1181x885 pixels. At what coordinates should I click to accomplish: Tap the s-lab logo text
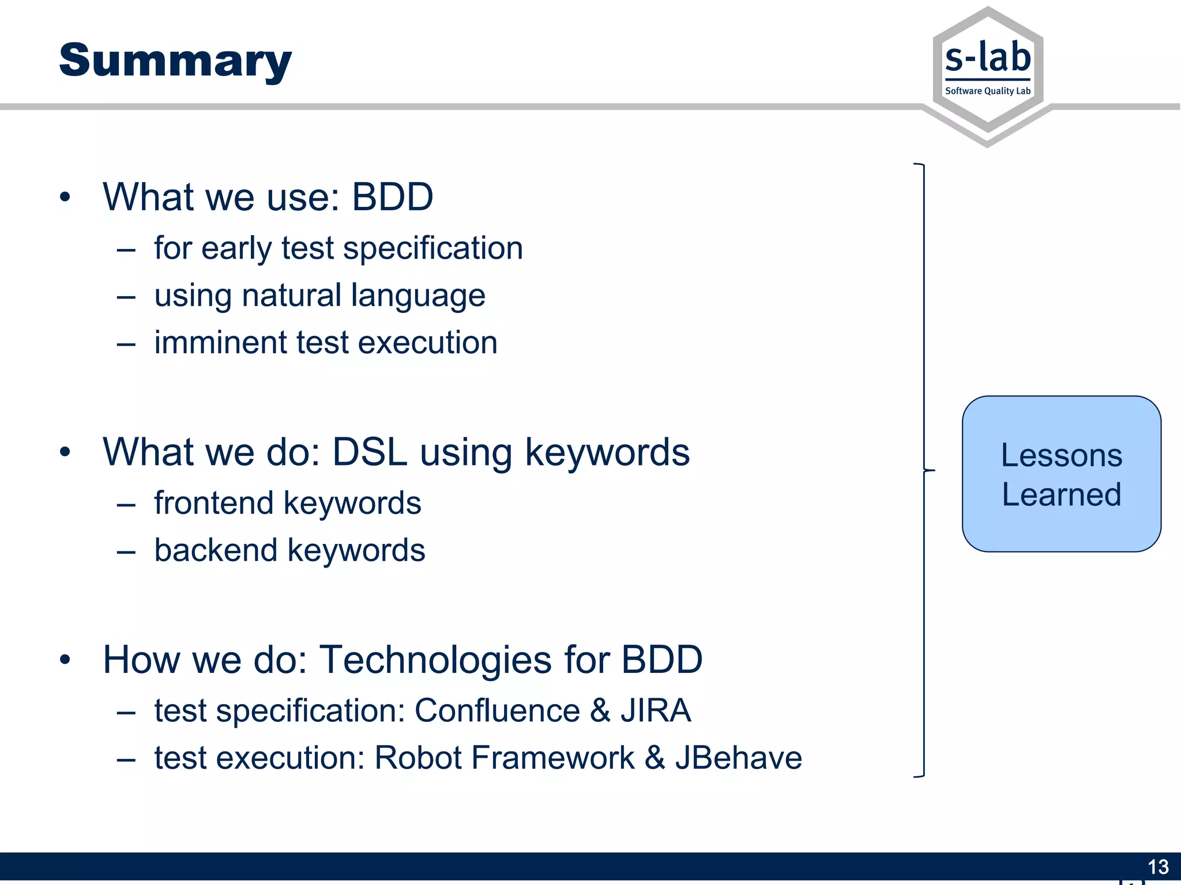click(988, 58)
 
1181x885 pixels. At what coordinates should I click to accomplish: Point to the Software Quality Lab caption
click(988, 91)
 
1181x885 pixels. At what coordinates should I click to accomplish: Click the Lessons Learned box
click(1061, 474)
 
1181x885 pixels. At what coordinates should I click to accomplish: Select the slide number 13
click(1158, 867)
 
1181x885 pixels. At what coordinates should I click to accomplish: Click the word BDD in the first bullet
click(392, 197)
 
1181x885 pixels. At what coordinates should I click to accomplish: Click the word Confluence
click(497, 710)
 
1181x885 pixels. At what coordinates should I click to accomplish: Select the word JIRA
click(656, 710)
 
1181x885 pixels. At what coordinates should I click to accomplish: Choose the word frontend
click(213, 502)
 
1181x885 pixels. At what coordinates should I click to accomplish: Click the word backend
click(216, 550)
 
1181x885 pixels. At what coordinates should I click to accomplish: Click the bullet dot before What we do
click(65, 452)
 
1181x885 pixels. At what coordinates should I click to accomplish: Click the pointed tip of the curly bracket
click(934, 471)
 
